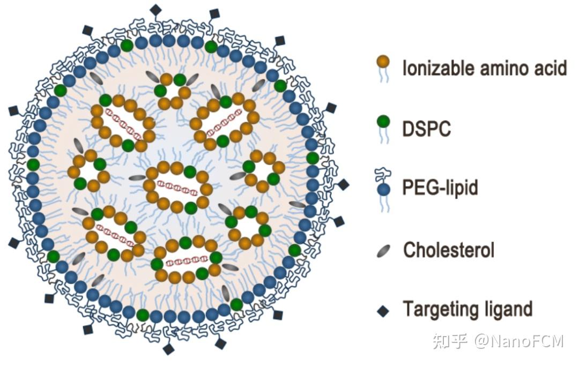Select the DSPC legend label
tap(427, 128)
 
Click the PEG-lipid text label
tap(440, 188)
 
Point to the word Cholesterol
tap(448, 250)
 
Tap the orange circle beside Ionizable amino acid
tap(383, 62)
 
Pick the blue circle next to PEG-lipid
tap(383, 189)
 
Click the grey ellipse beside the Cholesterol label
tap(383, 250)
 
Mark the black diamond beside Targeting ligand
tap(383, 311)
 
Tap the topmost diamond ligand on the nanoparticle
tap(155, 10)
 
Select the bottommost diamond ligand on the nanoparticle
tap(169, 349)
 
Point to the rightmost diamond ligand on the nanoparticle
tap(343, 184)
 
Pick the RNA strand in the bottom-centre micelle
tap(185, 262)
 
